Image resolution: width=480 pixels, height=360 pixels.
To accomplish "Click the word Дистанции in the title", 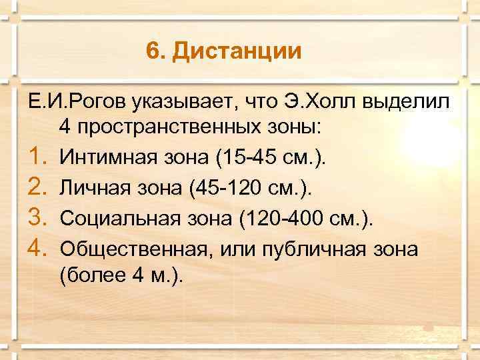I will click(x=237, y=51).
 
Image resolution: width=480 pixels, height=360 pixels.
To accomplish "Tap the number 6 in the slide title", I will click(x=153, y=51).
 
